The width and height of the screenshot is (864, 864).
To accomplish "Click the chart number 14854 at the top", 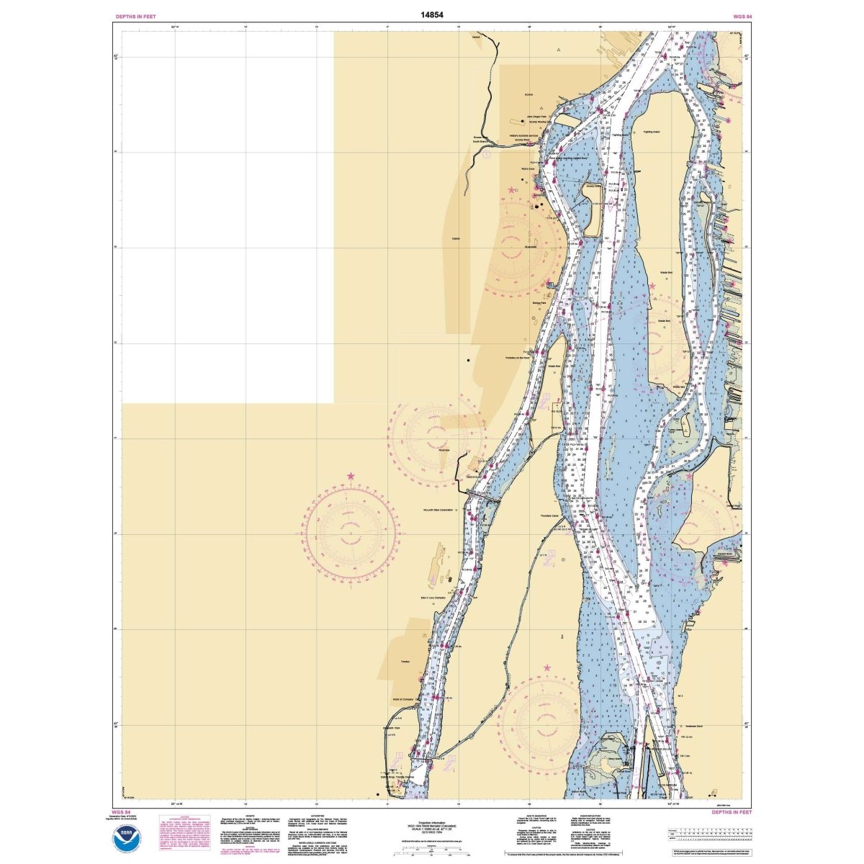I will [431, 13].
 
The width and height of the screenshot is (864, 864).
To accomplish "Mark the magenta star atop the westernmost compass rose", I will [351, 476].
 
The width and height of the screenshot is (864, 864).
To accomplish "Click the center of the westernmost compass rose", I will [351, 534].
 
